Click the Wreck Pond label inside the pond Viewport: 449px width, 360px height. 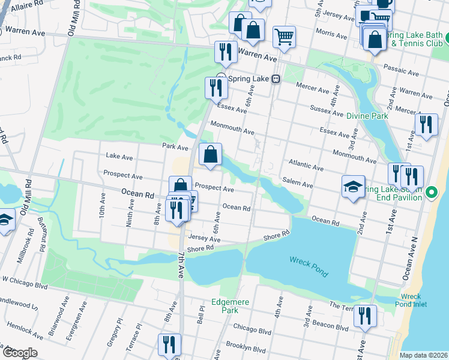[309, 265]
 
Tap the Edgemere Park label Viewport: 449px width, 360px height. [225, 306]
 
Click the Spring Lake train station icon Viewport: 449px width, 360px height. [276, 79]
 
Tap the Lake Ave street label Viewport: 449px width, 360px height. [119, 155]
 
